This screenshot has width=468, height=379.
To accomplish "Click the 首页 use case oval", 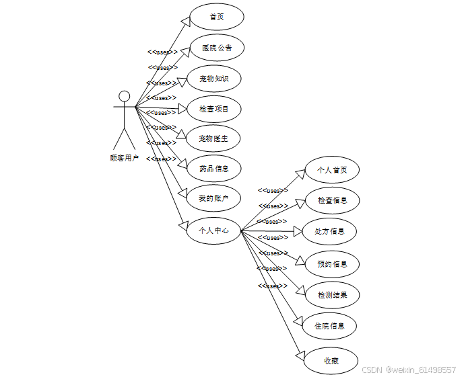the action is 216,17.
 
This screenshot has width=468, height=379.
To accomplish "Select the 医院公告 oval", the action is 216,48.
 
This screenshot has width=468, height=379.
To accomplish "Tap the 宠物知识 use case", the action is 213,79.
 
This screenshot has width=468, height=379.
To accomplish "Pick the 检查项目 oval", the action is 213,109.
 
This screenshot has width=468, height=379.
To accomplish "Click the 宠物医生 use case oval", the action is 213,138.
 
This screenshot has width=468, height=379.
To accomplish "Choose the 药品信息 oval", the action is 213,169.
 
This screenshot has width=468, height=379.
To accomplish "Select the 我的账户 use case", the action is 213,198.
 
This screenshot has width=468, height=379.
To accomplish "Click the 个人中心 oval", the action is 213,230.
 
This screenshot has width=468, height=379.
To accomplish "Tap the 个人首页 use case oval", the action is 332,170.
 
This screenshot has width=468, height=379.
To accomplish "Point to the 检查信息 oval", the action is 332,200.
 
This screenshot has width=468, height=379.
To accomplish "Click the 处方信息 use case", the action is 329,231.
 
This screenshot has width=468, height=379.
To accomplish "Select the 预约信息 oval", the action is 332,264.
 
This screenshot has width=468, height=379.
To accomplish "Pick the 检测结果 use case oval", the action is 332,295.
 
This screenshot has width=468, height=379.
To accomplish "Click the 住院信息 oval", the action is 329,326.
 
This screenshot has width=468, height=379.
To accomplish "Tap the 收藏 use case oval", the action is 330,361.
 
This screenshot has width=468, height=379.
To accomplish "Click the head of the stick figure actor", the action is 124,95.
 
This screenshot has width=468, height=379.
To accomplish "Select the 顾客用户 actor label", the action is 124,159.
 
